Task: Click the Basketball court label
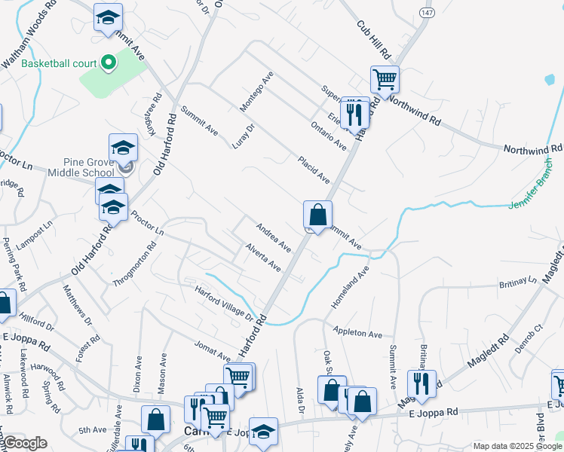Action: pos(59,63)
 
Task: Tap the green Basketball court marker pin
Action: pos(108,63)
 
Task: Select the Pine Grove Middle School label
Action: pos(84,167)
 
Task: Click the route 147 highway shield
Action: pos(425,14)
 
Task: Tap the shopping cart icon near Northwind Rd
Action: pos(385,78)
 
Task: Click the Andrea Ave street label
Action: pos(273,237)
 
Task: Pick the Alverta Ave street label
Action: pos(262,257)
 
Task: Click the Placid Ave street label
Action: pos(313,170)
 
